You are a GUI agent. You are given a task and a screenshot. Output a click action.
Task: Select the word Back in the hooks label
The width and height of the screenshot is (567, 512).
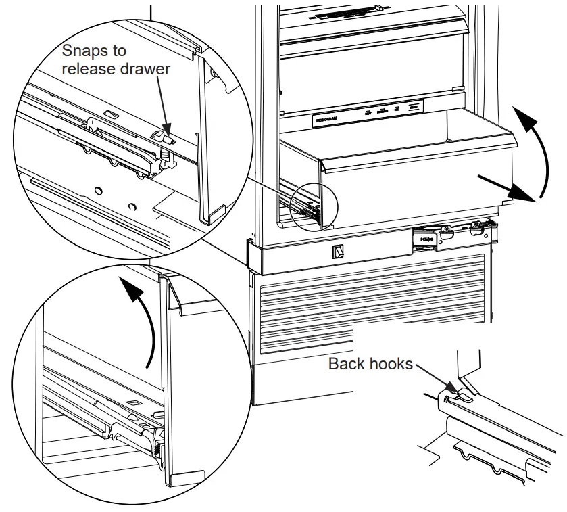(x=346, y=364)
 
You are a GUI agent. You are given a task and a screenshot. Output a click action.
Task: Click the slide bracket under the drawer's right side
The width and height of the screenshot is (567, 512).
(x=449, y=236)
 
